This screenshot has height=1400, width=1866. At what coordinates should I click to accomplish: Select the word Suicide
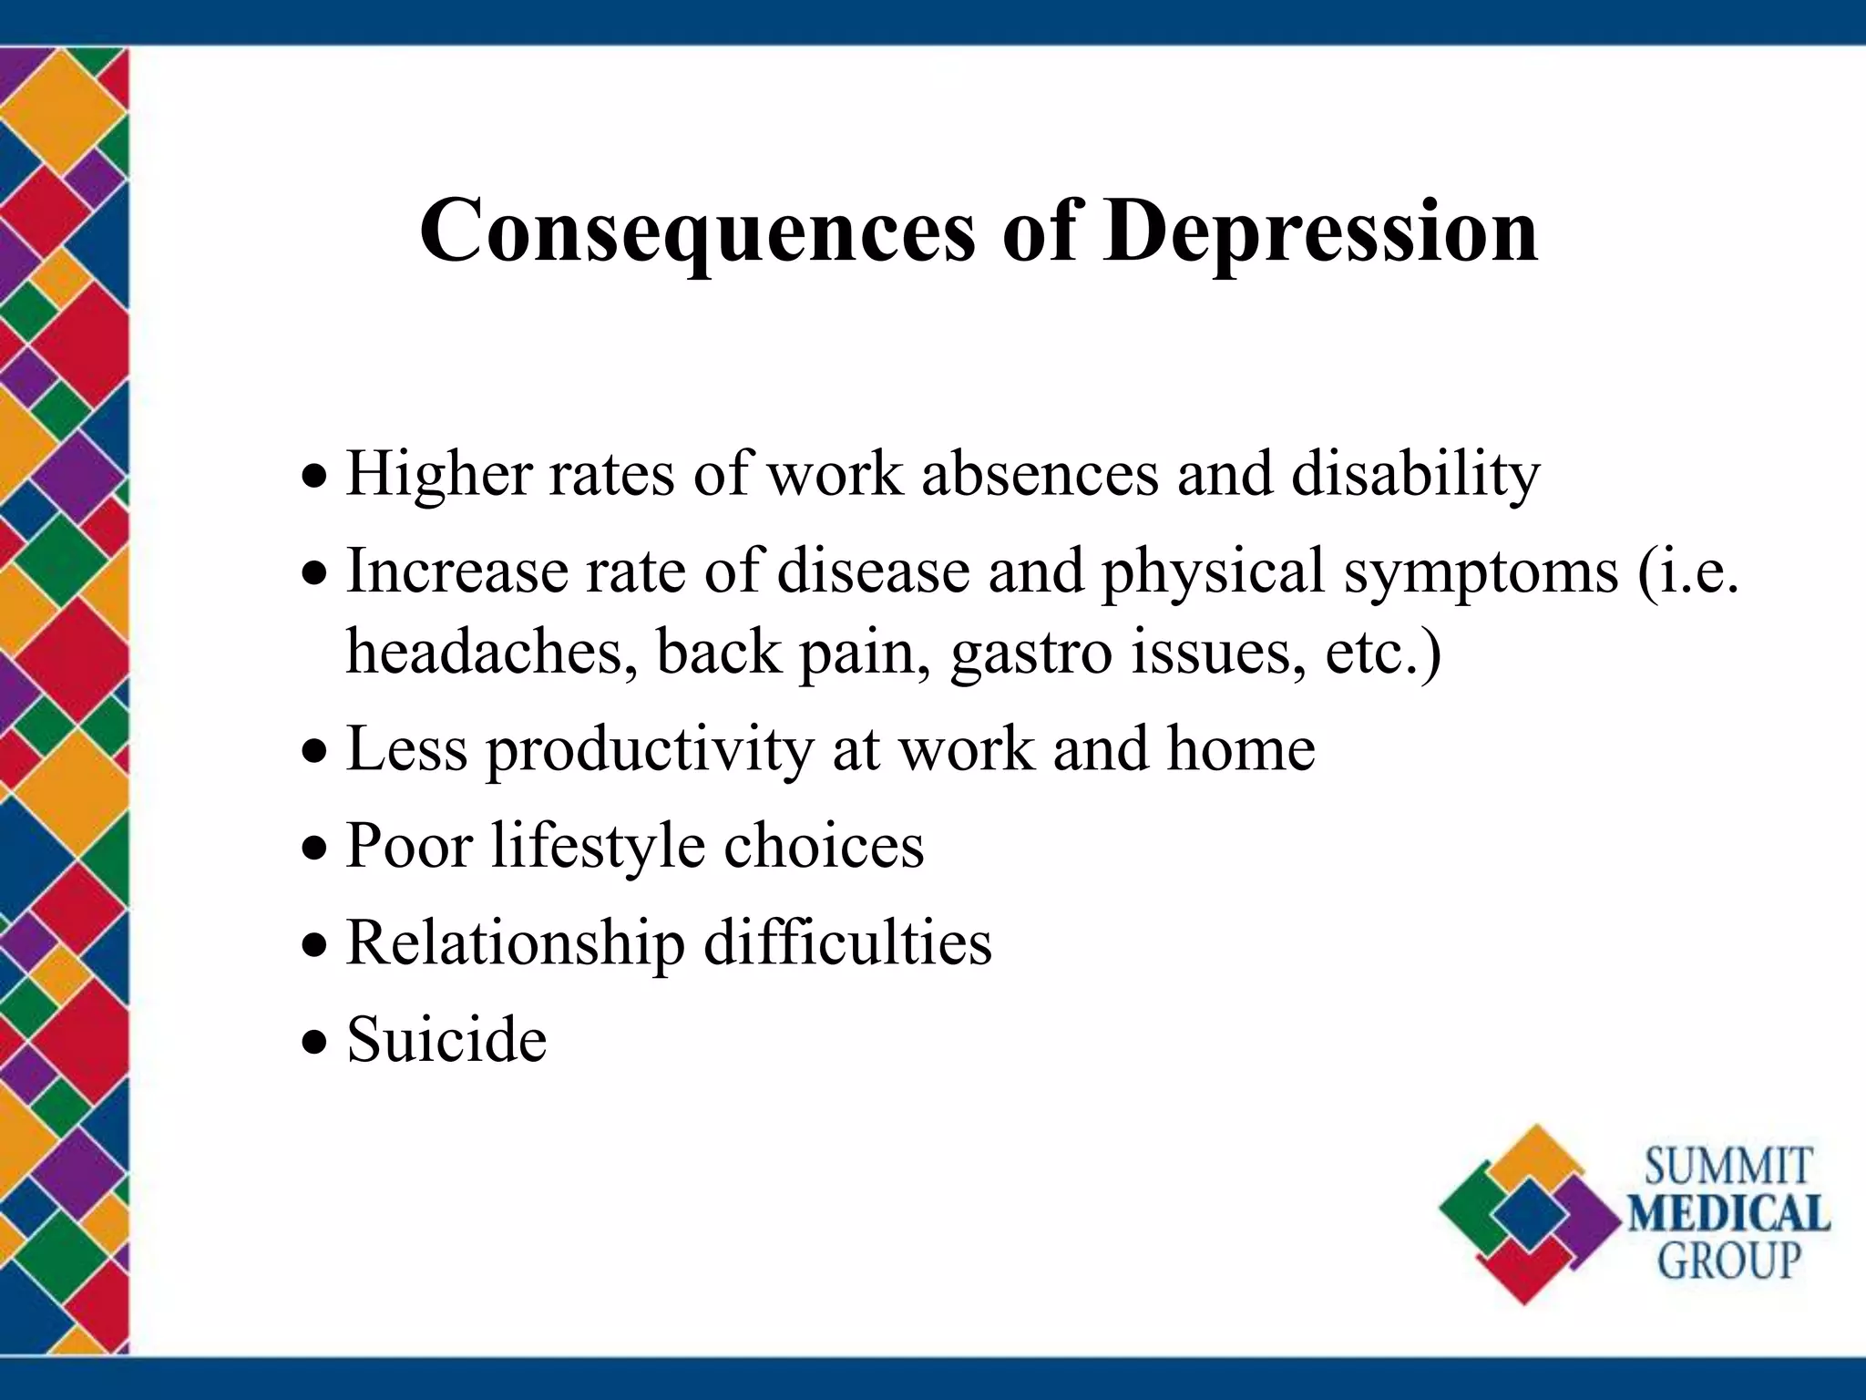point(446,1040)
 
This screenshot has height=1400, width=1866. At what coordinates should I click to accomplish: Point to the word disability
point(1415,476)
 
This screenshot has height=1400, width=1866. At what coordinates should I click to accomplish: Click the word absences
point(1040,474)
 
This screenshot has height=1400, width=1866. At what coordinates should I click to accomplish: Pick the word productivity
point(649,751)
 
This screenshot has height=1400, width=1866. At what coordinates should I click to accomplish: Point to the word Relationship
point(516,944)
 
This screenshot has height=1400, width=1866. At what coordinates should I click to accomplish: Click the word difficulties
point(847,942)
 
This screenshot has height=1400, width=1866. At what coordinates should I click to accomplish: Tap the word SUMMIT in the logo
point(1728,1168)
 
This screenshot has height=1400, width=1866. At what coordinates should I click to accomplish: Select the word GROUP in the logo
point(1728,1261)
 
